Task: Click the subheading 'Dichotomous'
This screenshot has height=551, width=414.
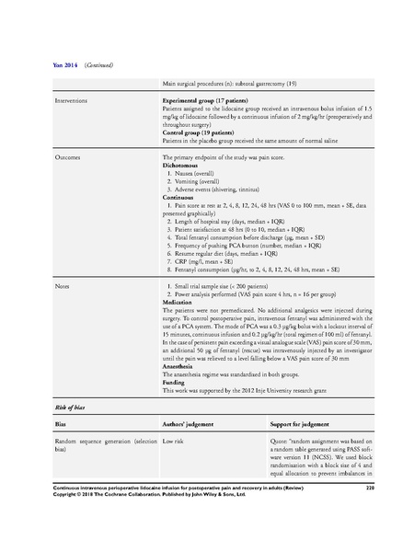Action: click(x=181, y=166)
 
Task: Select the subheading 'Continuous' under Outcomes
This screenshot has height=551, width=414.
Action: click(x=179, y=197)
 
